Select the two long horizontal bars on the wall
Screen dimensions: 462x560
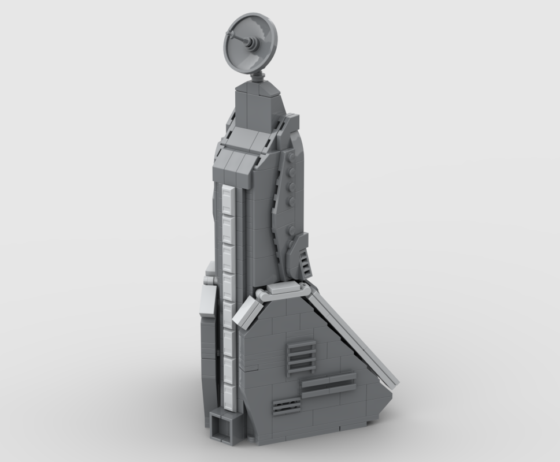327,385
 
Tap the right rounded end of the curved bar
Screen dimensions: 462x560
305,284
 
